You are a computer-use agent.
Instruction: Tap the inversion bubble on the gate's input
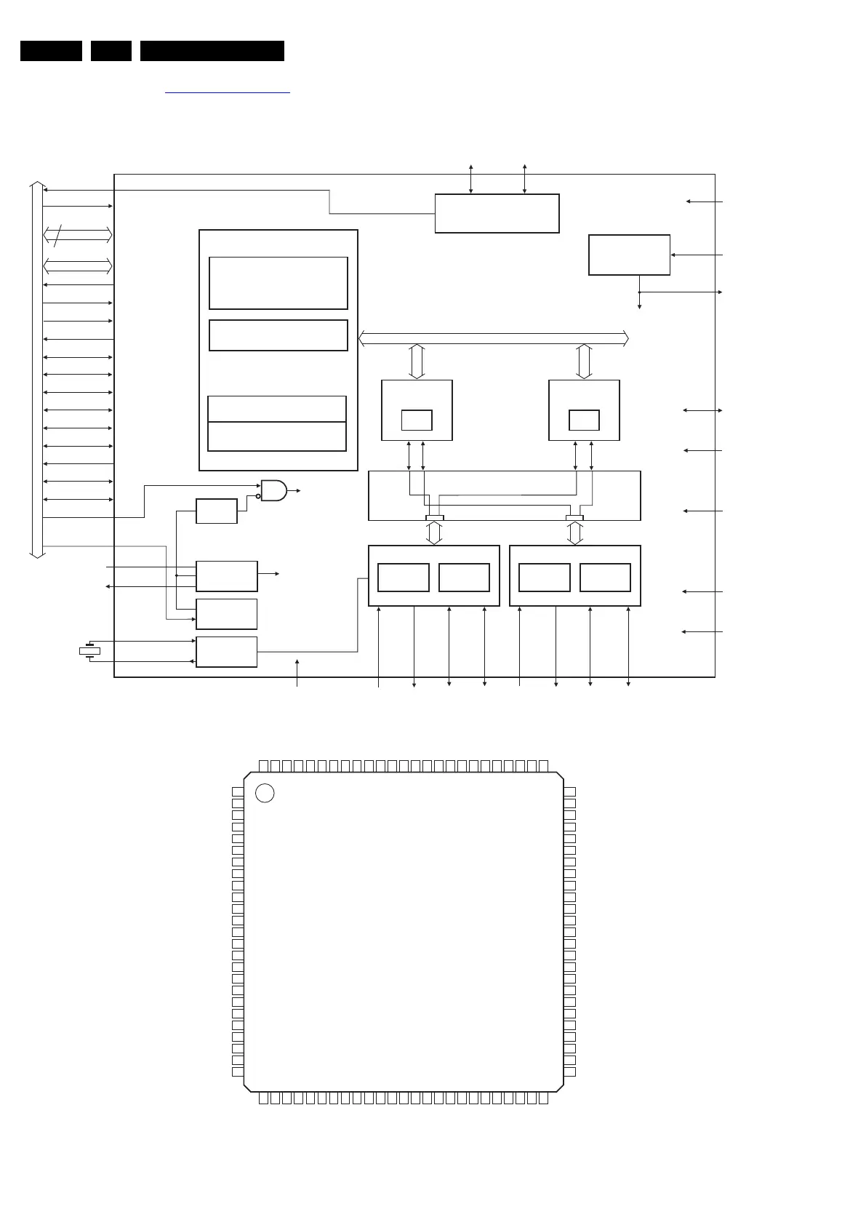pos(258,496)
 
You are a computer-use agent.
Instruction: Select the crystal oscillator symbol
pos(89,651)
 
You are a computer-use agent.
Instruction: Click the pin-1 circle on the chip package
pos(265,793)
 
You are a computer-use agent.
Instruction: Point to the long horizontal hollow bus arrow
pos(494,338)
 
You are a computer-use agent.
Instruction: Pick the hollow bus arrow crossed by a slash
pos(78,235)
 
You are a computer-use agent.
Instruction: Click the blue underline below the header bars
pos(228,93)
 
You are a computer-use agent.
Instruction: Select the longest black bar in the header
pos(212,51)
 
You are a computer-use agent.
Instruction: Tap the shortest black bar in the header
pos(111,51)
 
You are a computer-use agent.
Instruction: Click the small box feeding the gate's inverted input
pos(217,511)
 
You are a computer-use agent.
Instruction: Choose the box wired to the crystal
pos(226,652)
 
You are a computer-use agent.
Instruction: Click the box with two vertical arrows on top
pos(497,213)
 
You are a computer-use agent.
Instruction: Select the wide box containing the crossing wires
pos(504,495)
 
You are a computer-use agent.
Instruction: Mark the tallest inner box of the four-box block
pos(278,283)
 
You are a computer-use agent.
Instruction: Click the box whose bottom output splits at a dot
pos(629,255)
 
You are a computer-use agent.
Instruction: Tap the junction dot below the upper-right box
pos(639,292)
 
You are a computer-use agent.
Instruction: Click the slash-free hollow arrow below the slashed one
pos(78,266)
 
